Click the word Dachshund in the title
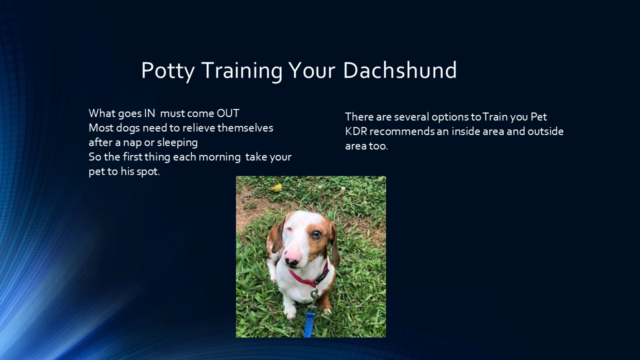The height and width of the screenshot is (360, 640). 399,70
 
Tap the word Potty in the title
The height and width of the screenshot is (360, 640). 167,70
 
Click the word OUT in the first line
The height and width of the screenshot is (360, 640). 228,113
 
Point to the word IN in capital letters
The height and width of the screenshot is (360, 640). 149,113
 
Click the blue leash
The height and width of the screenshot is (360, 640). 309,325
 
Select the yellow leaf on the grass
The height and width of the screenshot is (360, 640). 276,187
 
